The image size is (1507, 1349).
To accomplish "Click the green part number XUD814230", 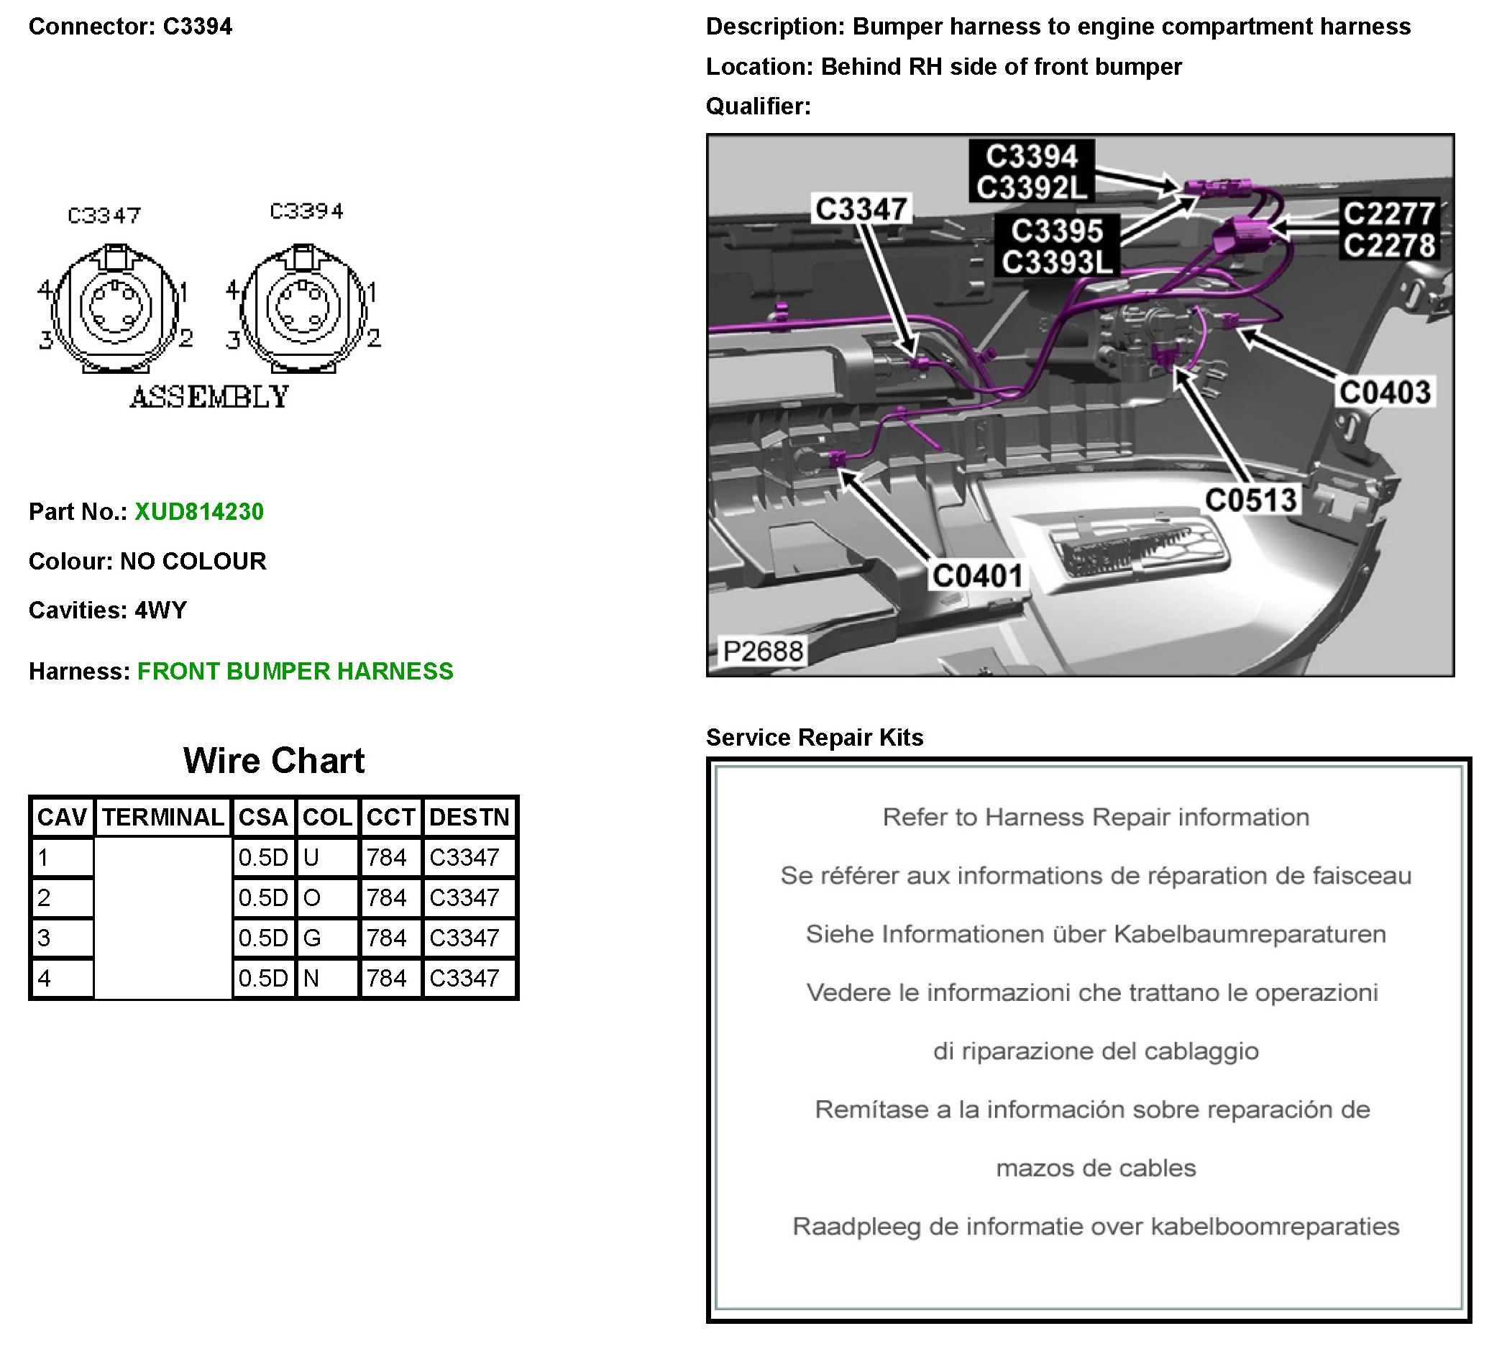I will (198, 512).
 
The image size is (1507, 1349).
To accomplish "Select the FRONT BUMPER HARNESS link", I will (295, 672).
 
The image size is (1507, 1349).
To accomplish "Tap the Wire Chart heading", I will (273, 762).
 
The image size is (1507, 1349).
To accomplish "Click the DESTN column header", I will (469, 818).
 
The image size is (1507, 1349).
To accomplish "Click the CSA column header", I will (263, 818).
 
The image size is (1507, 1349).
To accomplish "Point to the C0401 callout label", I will (977, 576).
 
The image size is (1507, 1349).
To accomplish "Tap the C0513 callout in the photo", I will (1250, 500).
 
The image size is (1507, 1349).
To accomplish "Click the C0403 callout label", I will (1384, 392).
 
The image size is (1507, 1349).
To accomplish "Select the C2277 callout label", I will (1389, 214).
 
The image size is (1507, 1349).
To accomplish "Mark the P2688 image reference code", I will (763, 651).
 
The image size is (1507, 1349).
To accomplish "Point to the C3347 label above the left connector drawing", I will (104, 216).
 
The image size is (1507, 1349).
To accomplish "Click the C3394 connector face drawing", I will (303, 308).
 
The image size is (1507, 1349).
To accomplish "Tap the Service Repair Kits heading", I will (814, 738).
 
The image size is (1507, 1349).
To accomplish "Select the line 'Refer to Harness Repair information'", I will (1095, 818).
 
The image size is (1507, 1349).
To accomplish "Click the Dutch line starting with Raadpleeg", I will (1095, 1227).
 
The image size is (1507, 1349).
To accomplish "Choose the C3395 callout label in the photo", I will (1056, 232).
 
